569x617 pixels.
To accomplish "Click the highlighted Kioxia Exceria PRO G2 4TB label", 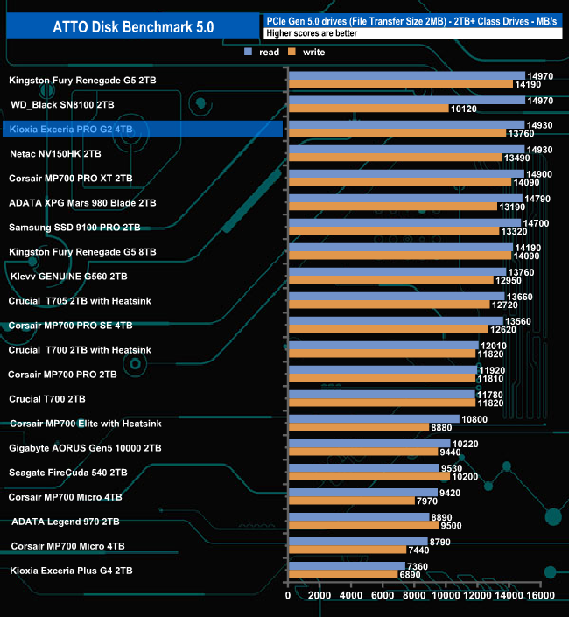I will click(70, 130).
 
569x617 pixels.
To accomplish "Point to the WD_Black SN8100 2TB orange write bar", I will click(368, 109).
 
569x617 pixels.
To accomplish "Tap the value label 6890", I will click(411, 574).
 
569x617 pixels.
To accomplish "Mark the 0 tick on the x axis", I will click(288, 596).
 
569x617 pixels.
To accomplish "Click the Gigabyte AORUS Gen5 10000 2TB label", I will click(85, 448).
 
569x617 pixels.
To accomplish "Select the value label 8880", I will click(444, 427).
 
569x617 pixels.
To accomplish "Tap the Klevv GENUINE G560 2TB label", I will click(69, 277).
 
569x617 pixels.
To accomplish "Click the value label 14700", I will click(536, 223).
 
